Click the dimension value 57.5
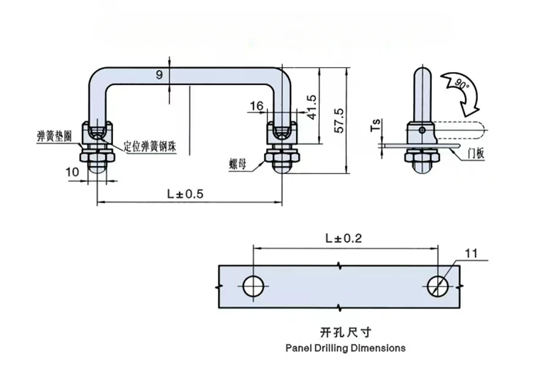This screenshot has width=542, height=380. coord(340,120)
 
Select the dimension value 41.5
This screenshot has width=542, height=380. coord(311,108)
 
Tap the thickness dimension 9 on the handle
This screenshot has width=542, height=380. coord(159,75)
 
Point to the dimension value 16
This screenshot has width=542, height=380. coord(256,106)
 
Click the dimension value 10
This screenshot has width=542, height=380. coord(72,172)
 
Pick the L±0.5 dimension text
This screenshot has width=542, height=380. coord(186,194)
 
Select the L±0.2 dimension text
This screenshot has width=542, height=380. coord(344,238)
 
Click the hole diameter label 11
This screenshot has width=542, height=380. coord(471,254)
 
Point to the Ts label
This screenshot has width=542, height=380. coord(376,125)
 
